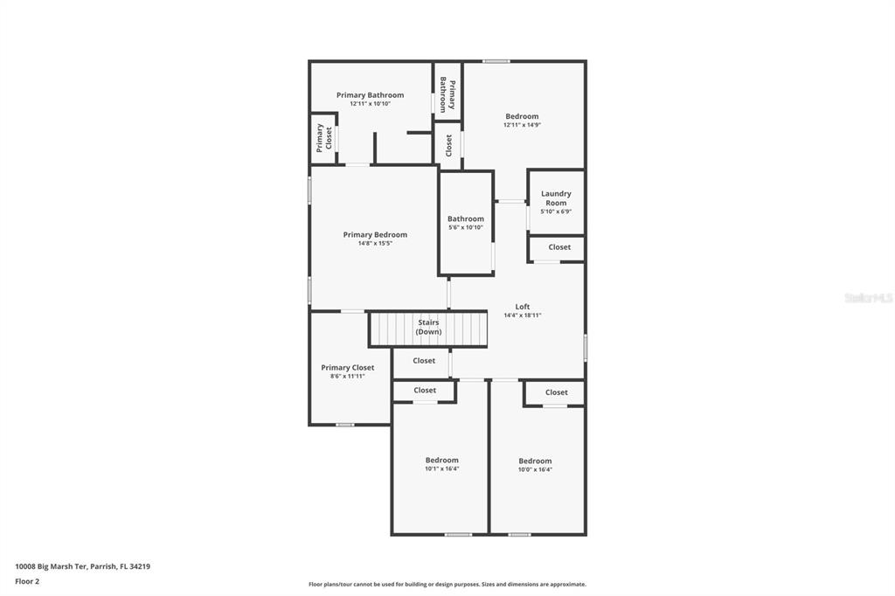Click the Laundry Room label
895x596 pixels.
(x=556, y=198)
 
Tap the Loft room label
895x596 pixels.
(x=523, y=307)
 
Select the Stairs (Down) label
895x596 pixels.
(x=428, y=327)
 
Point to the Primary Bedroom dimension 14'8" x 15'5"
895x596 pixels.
(x=375, y=243)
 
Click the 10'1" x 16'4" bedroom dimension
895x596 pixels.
(x=441, y=468)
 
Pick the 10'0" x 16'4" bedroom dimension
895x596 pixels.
(x=535, y=470)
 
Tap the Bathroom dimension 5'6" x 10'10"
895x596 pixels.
(x=466, y=227)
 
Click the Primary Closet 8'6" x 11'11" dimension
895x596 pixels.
(x=348, y=376)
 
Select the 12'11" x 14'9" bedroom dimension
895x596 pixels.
(x=522, y=124)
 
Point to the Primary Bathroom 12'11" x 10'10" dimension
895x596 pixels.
(x=370, y=103)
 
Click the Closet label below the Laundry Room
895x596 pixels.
(x=559, y=247)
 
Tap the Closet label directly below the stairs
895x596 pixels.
(x=424, y=361)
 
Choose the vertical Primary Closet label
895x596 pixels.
(x=324, y=137)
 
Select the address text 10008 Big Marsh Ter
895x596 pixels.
(x=51, y=566)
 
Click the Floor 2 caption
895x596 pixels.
(x=27, y=581)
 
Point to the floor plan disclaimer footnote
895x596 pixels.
(x=447, y=584)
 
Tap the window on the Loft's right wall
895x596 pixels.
(x=585, y=348)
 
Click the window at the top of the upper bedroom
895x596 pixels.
(x=496, y=61)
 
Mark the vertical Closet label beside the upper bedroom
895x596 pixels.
(x=448, y=146)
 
